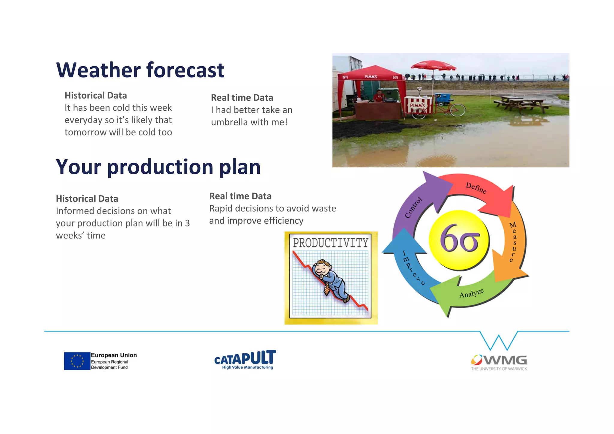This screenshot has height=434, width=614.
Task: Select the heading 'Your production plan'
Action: point(158,167)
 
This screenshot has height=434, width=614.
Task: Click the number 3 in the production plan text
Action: point(187,223)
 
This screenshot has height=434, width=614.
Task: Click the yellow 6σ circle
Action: point(459,240)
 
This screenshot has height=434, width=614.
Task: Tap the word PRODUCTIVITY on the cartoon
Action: point(330,243)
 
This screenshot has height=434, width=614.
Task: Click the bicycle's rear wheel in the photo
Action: point(457,110)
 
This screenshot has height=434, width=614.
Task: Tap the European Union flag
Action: point(77,361)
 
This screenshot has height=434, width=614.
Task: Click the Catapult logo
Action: point(245,359)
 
